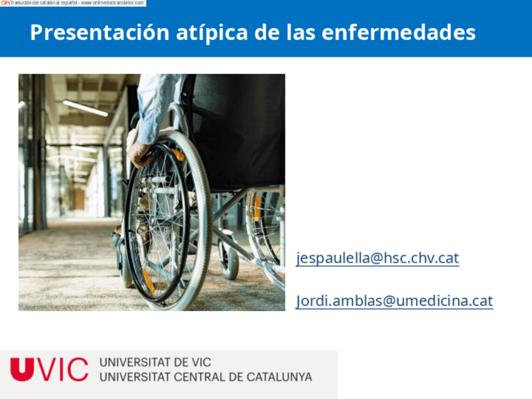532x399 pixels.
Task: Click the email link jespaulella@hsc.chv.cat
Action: coord(377,258)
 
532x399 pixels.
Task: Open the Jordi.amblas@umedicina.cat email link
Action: coord(394,301)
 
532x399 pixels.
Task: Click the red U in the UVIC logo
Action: coord(20,369)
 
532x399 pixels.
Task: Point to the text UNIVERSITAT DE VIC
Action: coord(155,363)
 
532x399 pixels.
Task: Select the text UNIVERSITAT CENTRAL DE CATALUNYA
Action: coord(205,377)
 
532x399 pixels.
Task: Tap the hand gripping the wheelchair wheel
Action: coord(139,151)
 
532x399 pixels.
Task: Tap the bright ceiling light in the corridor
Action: coord(85,108)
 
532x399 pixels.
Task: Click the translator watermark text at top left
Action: coord(73,3)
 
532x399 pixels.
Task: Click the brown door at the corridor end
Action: coord(79,199)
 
